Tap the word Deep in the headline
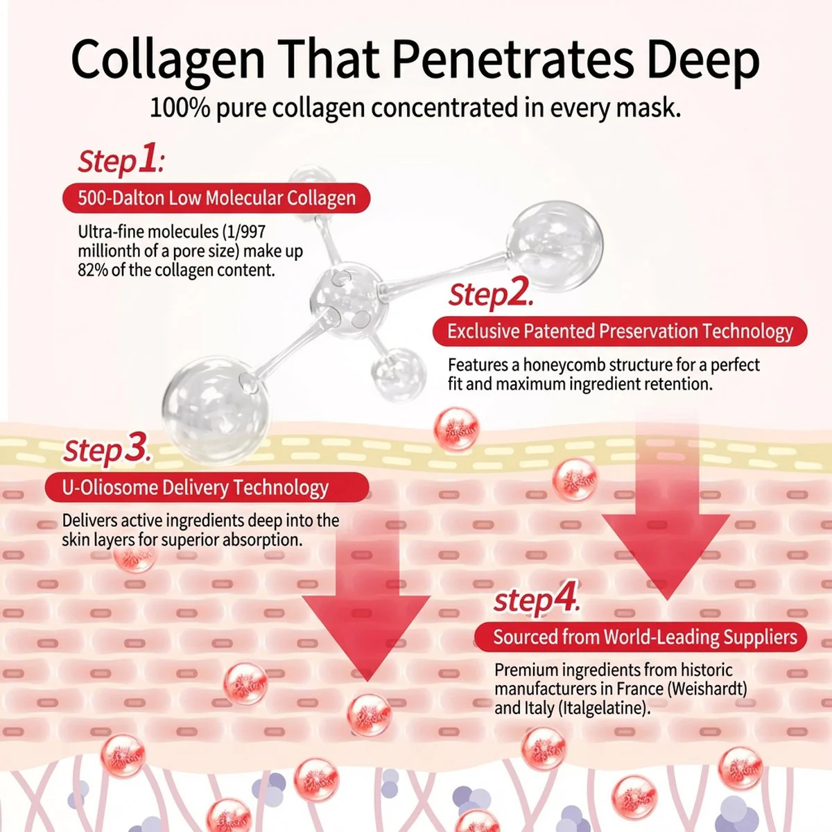[x=703, y=60]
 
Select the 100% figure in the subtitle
[x=180, y=107]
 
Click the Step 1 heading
[x=121, y=160]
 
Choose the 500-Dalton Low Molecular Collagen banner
[x=216, y=198]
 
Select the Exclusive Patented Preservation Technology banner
[x=620, y=331]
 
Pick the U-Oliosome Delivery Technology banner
[x=207, y=487]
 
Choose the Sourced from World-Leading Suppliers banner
[x=641, y=637]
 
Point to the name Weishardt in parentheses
[x=707, y=688]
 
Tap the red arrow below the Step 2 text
[x=666, y=518]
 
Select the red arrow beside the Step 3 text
[x=366, y=605]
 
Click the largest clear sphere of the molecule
[x=216, y=410]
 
